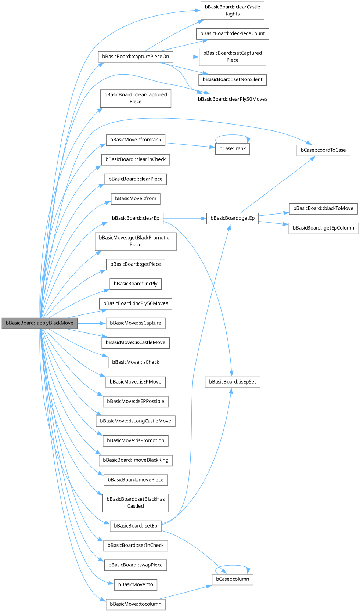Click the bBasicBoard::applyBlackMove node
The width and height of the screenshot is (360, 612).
tap(40, 323)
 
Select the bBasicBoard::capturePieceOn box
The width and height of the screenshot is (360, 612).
tap(136, 57)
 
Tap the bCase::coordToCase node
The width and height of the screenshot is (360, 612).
tap(323, 150)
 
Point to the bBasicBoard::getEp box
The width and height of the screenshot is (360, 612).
tap(233, 218)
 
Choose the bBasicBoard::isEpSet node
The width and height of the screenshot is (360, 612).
tap(233, 382)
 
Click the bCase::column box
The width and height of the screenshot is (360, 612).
tap(233, 579)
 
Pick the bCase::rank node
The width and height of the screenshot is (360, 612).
tap(233, 148)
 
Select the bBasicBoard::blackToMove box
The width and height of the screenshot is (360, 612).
tap(323, 208)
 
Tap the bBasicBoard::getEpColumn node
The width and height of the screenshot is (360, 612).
tap(323, 228)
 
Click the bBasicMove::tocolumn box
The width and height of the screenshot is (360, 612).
tap(136, 604)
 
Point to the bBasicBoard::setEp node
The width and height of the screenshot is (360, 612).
tap(136, 526)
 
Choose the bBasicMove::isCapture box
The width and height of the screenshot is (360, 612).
tap(136, 323)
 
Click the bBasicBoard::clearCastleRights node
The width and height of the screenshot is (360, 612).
tap(233, 10)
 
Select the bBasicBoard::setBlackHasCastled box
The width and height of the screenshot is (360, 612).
tap(136, 503)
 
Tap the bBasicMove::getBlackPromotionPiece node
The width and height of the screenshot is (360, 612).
tap(136, 241)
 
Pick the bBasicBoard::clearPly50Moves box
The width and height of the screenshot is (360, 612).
tap(233, 99)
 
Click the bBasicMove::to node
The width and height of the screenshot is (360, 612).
tap(136, 584)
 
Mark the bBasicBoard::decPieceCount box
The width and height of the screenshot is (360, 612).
tap(233, 33)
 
